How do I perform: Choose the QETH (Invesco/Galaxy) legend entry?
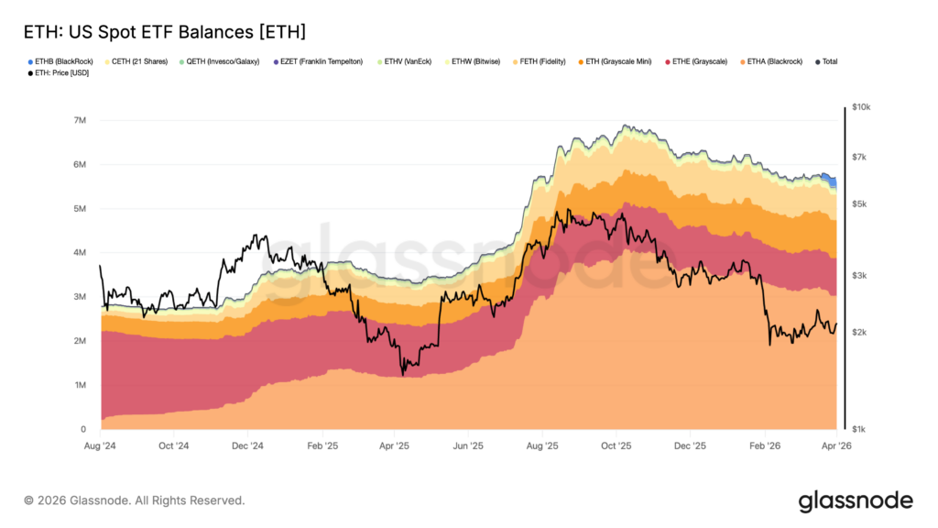(x=224, y=61)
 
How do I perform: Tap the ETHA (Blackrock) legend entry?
(x=774, y=61)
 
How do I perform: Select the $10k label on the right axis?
(x=862, y=107)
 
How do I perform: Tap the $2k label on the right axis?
(x=860, y=332)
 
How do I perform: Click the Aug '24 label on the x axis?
(x=100, y=445)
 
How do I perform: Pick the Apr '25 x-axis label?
(x=394, y=445)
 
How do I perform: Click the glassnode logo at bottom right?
(x=855, y=501)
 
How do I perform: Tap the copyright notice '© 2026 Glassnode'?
(x=135, y=500)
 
